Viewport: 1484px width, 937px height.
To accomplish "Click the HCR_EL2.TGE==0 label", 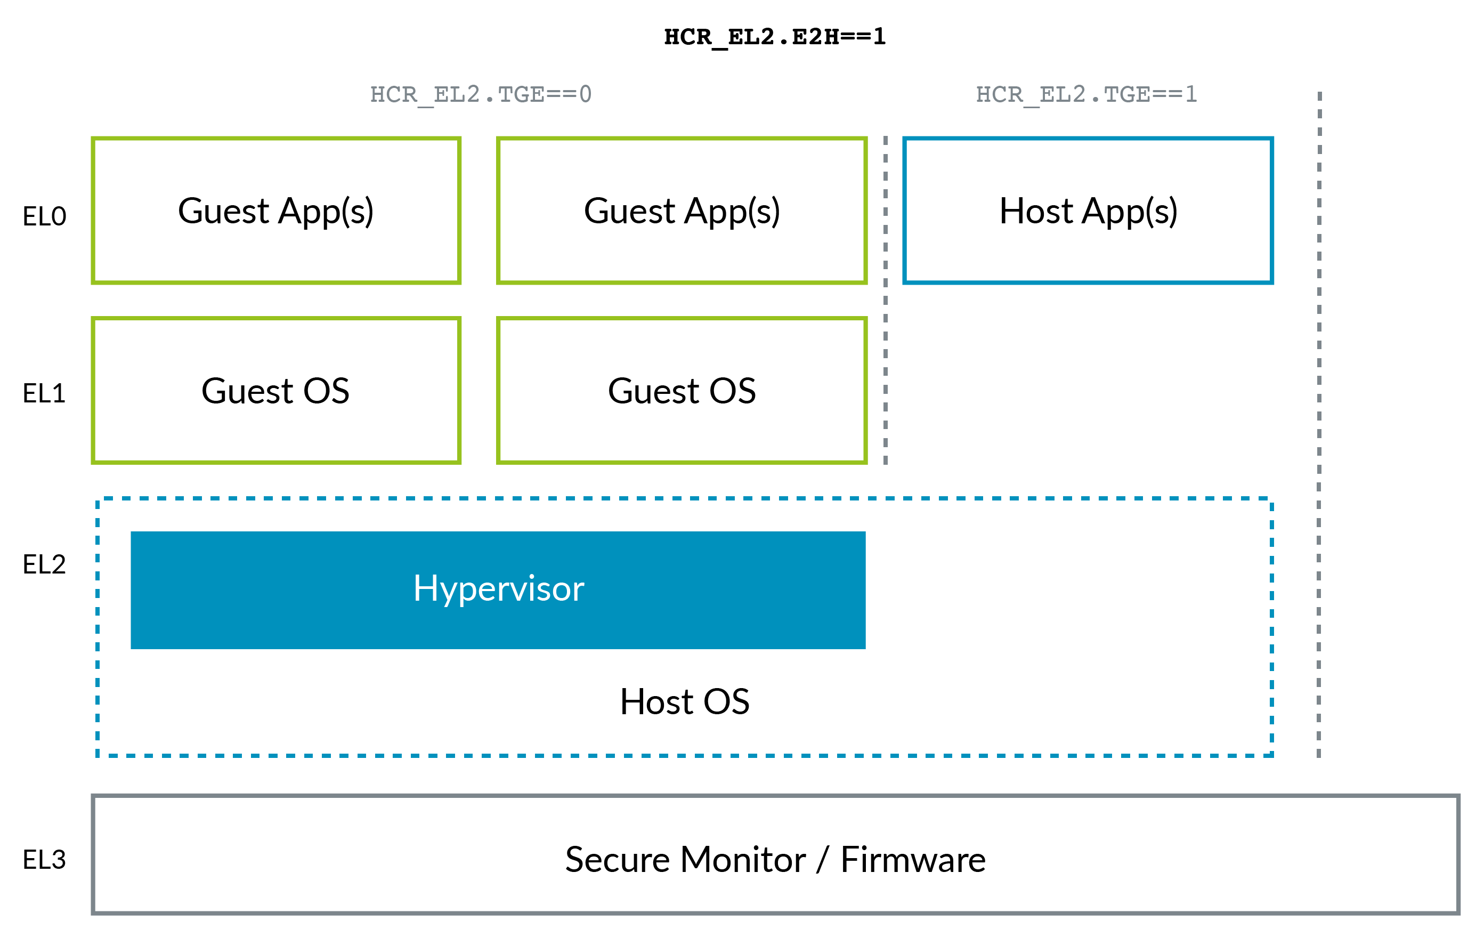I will (481, 94).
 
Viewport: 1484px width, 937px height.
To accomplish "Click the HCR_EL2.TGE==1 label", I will (1086, 94).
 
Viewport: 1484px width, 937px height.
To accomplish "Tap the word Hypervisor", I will (498, 589).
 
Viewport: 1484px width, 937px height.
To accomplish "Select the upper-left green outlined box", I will (276, 210).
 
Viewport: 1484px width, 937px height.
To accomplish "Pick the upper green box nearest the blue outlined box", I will (682, 210).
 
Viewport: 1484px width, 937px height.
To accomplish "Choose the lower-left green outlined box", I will (276, 390).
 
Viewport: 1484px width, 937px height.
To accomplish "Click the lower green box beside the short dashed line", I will (682, 390).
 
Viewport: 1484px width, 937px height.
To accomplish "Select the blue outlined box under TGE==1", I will (1088, 210).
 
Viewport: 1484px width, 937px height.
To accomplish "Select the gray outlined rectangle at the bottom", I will (775, 854).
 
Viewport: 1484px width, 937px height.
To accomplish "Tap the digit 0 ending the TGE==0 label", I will (585, 94).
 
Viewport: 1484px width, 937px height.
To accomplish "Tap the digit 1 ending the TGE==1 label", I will (1190, 94).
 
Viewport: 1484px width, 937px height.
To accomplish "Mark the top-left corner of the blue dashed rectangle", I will (98, 499).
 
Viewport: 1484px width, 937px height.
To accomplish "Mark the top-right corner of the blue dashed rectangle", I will (1271, 499).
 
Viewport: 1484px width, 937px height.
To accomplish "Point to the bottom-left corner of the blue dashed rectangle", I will (98, 755).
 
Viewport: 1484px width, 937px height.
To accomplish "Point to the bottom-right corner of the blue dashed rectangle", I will (1271, 755).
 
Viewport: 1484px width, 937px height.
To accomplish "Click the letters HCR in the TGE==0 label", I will (393, 94).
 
